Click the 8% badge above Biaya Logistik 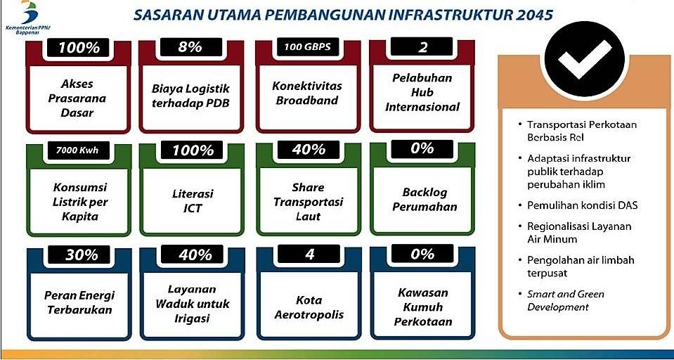point(189,46)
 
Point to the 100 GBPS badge point(307,46)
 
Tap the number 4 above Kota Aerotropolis point(309,255)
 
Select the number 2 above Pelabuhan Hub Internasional point(423,46)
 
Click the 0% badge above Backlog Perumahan point(422,148)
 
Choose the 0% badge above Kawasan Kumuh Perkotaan point(422,255)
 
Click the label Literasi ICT point(191,201)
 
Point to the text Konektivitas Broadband point(306,93)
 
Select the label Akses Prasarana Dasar point(77,98)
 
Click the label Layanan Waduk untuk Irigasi point(193,304)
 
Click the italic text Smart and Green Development point(566,301)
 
